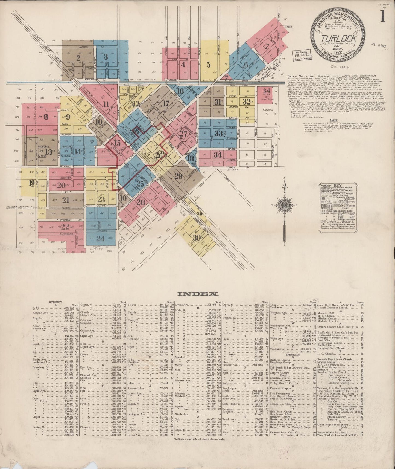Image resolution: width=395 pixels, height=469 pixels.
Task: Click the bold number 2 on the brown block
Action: click(78, 58)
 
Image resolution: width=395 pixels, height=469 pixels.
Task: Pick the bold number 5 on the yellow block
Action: click(209, 65)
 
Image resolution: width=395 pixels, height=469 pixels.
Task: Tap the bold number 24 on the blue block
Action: click(100, 239)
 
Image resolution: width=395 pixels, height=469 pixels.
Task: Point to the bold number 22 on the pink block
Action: click(65, 227)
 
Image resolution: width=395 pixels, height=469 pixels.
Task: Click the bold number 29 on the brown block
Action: click(178, 176)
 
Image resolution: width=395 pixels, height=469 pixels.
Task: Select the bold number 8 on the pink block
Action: click(46, 117)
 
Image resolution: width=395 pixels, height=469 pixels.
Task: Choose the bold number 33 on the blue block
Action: click(218, 134)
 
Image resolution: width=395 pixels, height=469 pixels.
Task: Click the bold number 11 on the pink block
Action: click(106, 104)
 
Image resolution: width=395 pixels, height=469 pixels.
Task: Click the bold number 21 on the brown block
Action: click(66, 200)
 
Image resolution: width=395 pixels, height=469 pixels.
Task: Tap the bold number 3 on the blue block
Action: click(106, 57)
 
